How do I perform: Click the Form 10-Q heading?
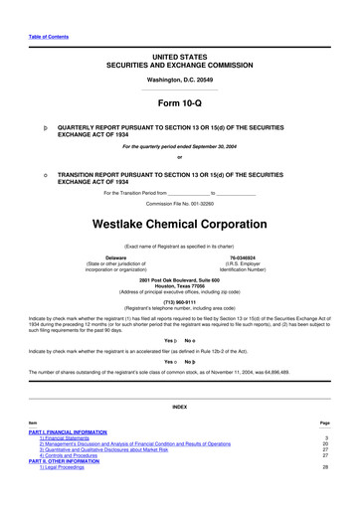point(180,103)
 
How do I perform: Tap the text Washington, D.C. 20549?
point(180,78)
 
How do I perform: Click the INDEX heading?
point(180,407)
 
